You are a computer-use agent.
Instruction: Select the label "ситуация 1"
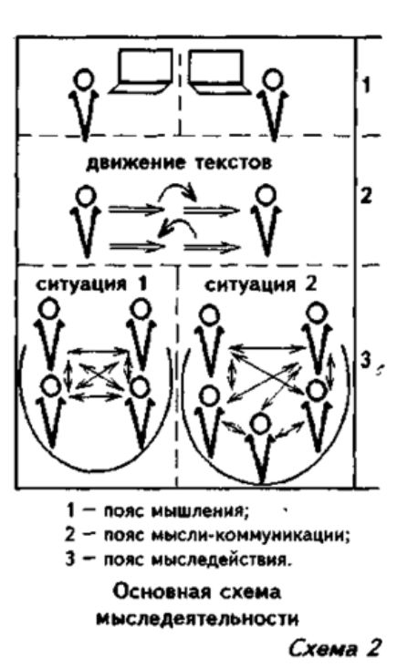coord(92,283)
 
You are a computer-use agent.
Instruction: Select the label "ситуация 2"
coord(261,284)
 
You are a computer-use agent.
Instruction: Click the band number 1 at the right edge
coord(366,85)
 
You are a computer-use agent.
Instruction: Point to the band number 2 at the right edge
coord(366,197)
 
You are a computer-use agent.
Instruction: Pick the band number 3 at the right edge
coord(365,361)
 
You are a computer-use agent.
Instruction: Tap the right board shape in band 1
coord(219,71)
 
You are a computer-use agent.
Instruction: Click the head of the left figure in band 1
coord(84,79)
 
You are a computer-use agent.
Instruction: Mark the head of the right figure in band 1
coord(273,79)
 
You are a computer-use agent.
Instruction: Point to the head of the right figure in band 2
coord(266,196)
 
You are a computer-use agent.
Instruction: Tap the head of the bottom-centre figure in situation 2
coord(260,424)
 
